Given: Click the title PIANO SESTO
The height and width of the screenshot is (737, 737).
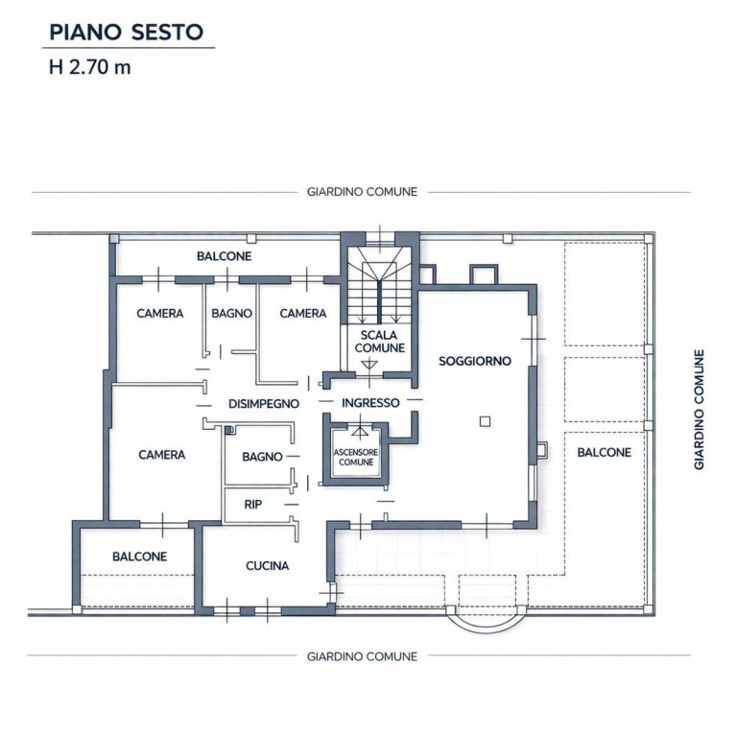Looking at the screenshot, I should click(126, 32).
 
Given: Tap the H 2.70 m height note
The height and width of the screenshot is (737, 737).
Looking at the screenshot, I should click(89, 69).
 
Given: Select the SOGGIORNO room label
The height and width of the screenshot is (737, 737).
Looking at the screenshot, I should click(475, 361).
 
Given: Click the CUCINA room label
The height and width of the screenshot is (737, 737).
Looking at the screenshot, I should click(267, 565).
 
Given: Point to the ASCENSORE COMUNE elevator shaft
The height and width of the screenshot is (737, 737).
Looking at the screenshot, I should click(355, 456).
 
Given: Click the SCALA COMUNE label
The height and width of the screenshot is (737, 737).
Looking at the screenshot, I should click(380, 341).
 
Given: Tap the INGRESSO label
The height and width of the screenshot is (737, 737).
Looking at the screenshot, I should click(370, 403).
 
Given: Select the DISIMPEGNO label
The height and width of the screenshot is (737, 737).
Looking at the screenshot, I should click(264, 404).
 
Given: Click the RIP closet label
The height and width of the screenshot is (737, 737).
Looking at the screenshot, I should click(253, 504).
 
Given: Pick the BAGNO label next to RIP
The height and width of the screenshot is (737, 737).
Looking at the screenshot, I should click(262, 457).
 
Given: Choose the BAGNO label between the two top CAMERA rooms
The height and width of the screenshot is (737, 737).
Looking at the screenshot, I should click(232, 313).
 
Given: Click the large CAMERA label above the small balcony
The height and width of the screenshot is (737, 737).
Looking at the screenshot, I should click(161, 454).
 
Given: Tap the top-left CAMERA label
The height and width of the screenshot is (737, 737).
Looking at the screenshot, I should click(159, 313).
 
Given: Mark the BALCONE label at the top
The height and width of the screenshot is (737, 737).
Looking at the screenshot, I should click(224, 256).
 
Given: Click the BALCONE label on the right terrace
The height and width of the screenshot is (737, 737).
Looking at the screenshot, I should click(604, 451).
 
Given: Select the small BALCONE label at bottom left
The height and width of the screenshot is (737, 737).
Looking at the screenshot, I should click(139, 556).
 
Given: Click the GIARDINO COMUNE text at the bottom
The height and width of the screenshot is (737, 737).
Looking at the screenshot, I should click(362, 656).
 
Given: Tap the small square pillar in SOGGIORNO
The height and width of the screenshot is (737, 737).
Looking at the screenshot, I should click(486, 420).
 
